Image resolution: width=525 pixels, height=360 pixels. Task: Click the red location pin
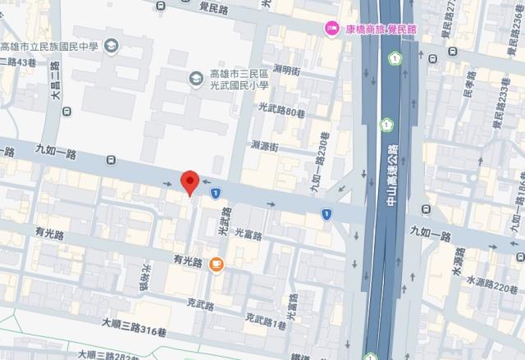[x=189, y=182]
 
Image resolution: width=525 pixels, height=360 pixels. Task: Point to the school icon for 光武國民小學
[x=196, y=78]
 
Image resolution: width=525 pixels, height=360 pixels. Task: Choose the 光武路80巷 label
[x=281, y=107]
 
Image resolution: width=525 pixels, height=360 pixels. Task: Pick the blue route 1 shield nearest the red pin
[x=215, y=193]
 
